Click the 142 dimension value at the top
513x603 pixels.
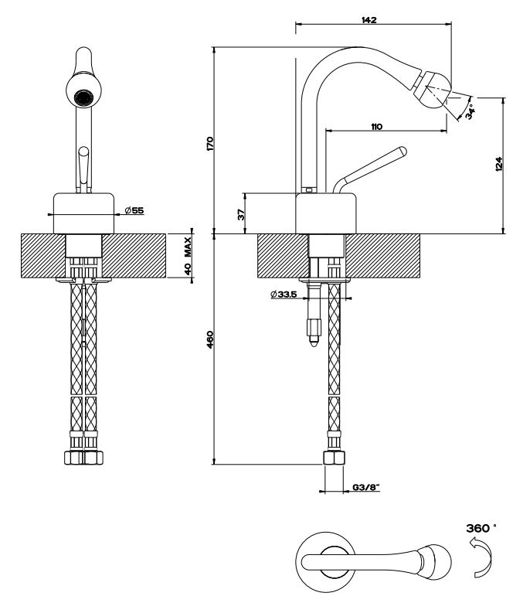369,20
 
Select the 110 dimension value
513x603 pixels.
376,126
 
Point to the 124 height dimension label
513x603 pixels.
498,163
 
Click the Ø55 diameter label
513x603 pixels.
133,209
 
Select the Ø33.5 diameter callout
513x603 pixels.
284,295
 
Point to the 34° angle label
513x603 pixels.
470,111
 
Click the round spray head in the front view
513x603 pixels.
83,99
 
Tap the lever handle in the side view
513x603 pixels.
371,165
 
